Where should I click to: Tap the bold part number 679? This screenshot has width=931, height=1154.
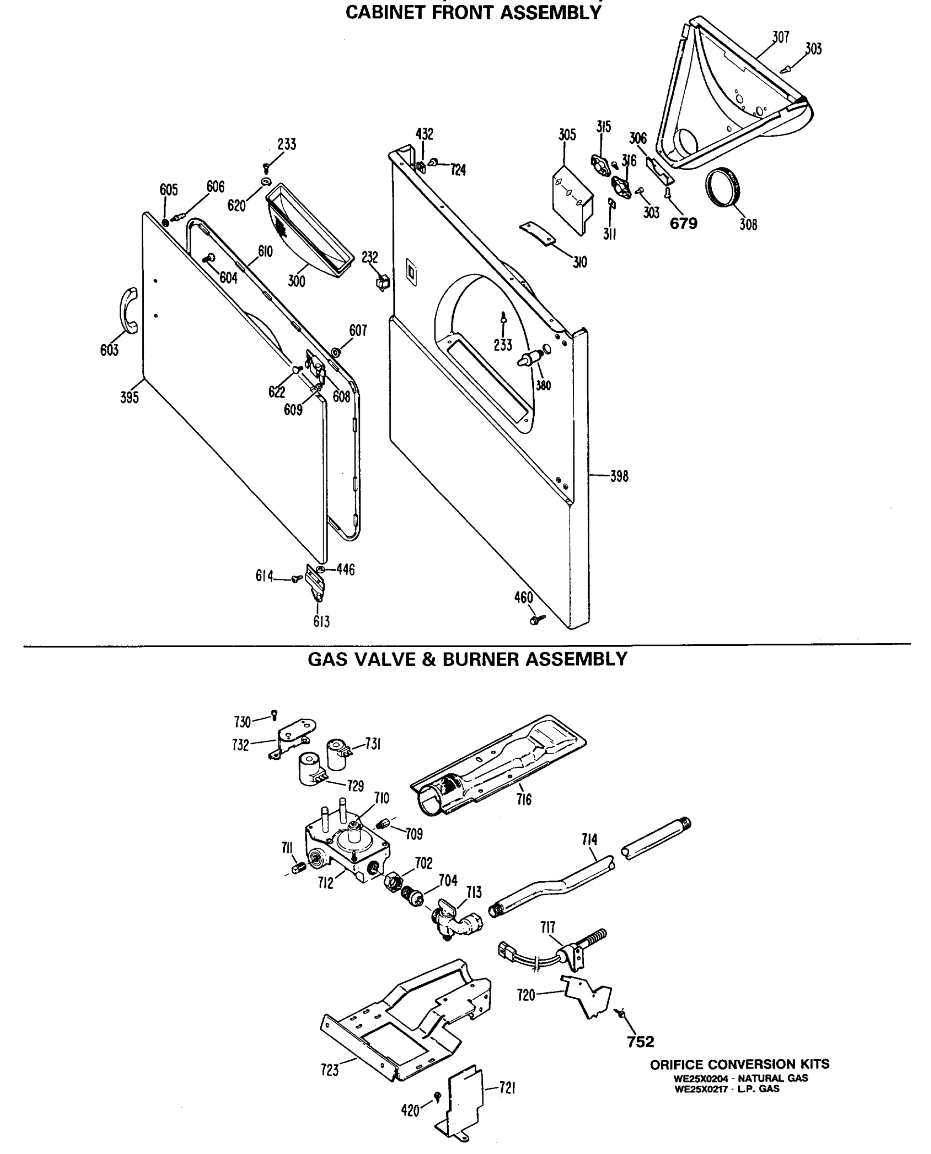tap(683, 224)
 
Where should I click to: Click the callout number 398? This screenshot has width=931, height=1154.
tap(619, 476)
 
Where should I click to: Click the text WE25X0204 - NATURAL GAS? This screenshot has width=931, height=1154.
tap(741, 1078)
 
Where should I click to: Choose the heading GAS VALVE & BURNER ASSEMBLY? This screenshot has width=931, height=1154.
tap(467, 659)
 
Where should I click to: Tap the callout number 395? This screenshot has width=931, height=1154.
tap(129, 397)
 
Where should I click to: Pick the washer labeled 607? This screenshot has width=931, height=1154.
tap(335, 352)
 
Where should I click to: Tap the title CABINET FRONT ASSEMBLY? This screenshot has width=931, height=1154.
tap(473, 12)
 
